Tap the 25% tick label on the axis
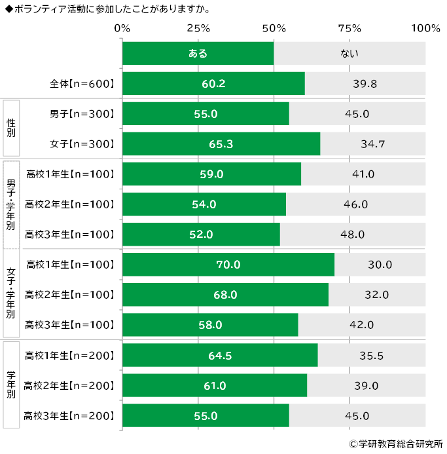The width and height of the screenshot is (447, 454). tap(198, 28)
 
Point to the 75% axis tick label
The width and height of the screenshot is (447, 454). tap(350, 28)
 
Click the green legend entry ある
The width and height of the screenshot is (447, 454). tap(198, 53)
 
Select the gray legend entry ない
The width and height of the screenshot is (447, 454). tap(349, 53)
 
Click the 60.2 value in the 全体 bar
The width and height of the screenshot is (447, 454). tap(213, 84)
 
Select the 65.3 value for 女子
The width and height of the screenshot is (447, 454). tap(221, 144)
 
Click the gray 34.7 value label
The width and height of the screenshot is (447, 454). tap(373, 144)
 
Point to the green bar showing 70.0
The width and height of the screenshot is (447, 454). tap(228, 265)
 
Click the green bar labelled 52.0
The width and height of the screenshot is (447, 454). tap(201, 235)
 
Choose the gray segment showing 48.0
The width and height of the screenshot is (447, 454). tap(353, 235)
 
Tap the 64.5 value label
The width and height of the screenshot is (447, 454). tap(219, 356)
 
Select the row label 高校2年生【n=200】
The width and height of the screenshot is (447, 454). tap(69, 385)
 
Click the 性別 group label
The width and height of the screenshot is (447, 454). tap(11, 129)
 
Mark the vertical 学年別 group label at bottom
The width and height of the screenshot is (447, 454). tap(11, 386)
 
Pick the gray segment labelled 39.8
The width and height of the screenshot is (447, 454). tap(365, 84)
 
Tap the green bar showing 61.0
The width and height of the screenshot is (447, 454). tap(214, 385)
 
